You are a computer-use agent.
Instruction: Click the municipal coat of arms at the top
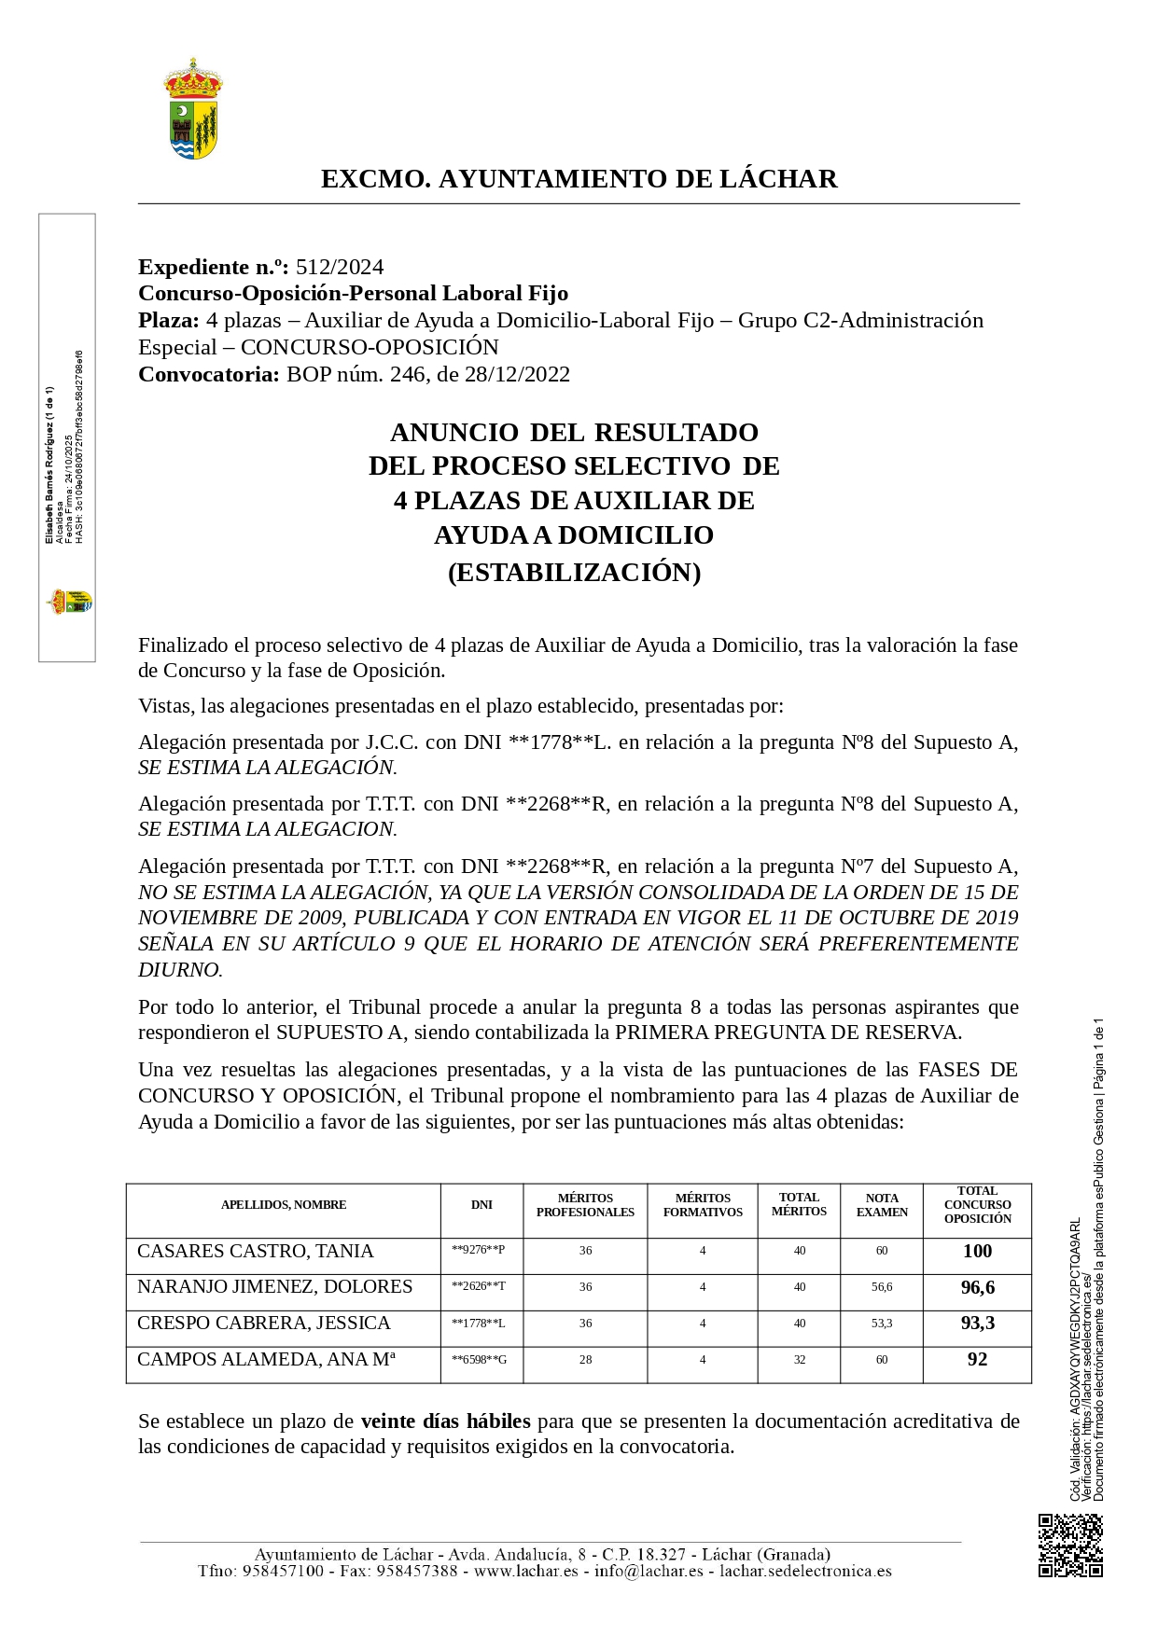[193, 109]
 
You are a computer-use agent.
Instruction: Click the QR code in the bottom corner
[1070, 1546]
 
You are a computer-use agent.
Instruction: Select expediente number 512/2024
[340, 267]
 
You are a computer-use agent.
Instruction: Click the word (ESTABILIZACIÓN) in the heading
[574, 572]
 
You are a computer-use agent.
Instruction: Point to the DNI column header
[481, 1204]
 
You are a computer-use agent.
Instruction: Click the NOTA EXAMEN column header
[882, 1205]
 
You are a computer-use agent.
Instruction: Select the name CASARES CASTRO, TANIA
[255, 1251]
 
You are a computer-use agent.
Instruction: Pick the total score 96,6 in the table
[977, 1287]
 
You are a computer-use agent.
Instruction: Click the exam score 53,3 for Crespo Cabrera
[882, 1324]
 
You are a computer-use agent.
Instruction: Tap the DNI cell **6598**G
[479, 1360]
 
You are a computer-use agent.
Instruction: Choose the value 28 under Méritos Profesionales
[585, 1360]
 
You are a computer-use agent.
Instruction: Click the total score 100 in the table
[977, 1251]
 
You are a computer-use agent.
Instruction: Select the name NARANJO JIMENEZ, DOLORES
[274, 1287]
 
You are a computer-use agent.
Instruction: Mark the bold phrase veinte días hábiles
[445, 1421]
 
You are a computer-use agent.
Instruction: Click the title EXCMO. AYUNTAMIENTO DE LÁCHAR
[579, 178]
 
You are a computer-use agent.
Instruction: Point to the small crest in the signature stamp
[70, 602]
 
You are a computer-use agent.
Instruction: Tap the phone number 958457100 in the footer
[283, 1571]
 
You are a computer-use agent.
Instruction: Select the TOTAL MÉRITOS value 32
[800, 1360]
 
